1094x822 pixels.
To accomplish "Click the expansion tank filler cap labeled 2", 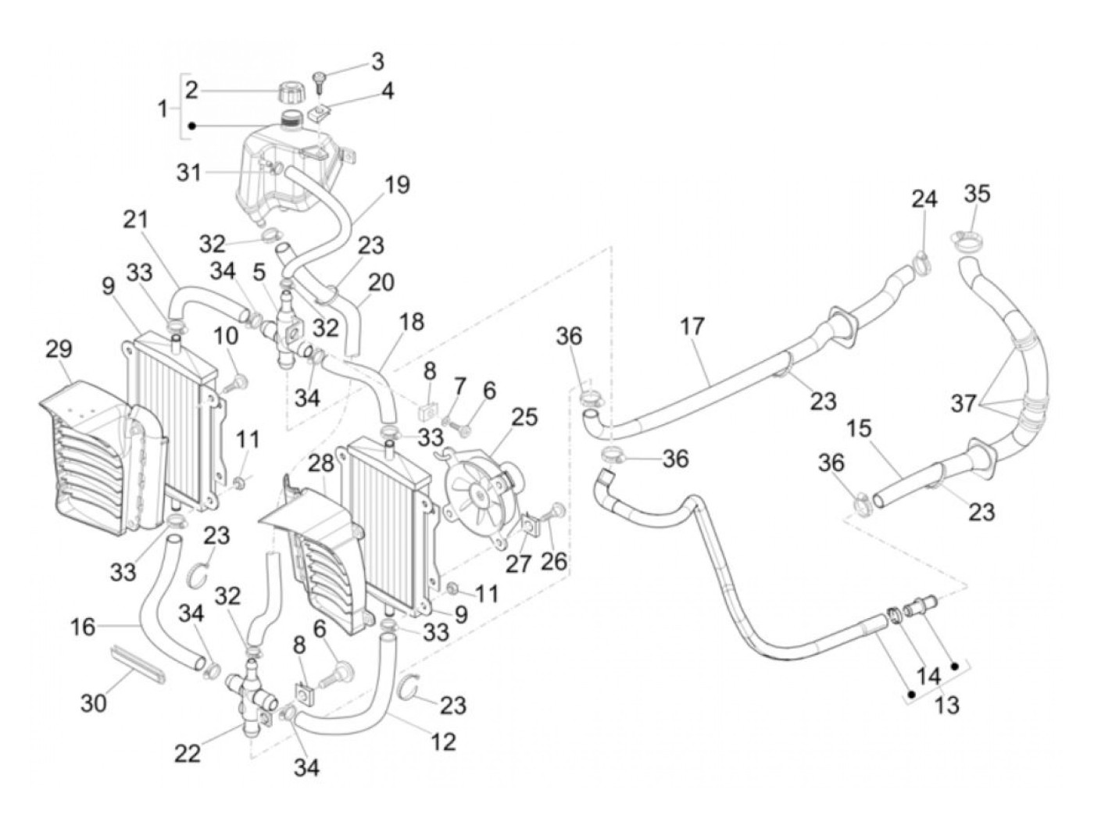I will pos(291,94).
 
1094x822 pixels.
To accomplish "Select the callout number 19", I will pos(397,185).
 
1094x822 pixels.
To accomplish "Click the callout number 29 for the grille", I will pos(59,349).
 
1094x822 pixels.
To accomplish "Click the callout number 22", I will pos(188,753).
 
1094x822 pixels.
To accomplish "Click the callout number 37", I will pos(964,403).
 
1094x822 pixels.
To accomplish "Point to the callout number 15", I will pos(858,429).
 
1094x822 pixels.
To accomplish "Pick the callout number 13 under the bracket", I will pos(946,705).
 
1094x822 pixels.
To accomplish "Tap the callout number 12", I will pos(443,741).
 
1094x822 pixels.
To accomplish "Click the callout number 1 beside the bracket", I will pos(163,109).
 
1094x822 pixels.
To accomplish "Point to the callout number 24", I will pos(924,199).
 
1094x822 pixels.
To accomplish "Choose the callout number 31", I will pos(188,172).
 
